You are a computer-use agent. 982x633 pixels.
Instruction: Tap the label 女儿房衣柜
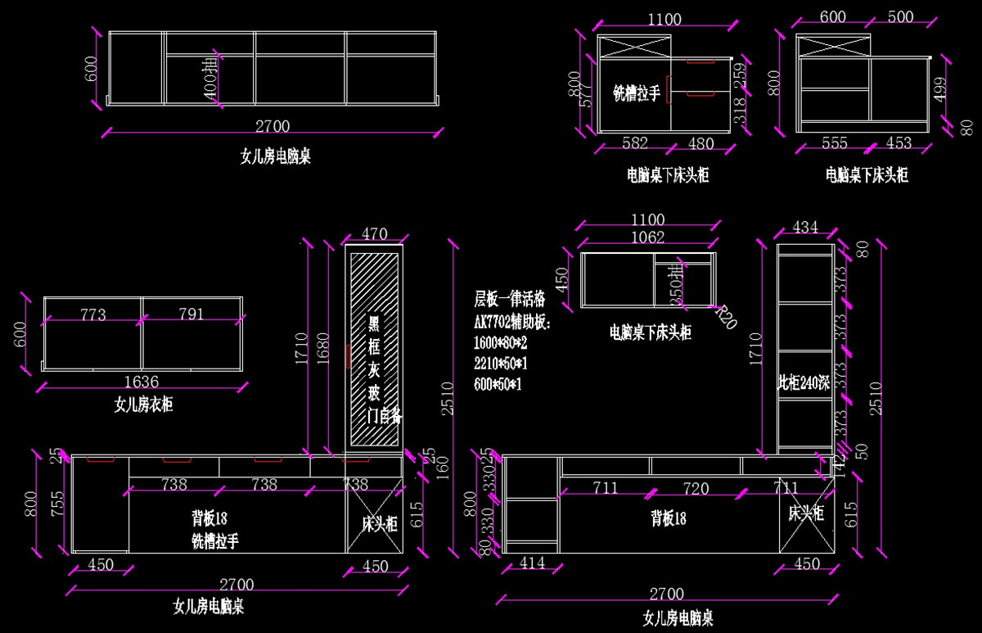pos(143,404)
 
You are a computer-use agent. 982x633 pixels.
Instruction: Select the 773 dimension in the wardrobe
pos(93,314)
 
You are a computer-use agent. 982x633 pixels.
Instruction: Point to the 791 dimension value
pos(190,314)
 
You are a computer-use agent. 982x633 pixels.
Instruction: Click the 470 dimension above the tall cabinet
pos(374,234)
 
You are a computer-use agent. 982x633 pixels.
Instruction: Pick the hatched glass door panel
pos(374,348)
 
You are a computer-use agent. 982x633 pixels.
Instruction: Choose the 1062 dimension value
pos(647,238)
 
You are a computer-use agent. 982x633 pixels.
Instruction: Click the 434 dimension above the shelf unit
pos(804,227)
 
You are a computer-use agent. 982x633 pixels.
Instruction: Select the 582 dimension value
pos(635,143)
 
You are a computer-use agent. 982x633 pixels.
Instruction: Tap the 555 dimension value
pos(835,143)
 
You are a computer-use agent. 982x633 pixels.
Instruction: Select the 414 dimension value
pos(533,563)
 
